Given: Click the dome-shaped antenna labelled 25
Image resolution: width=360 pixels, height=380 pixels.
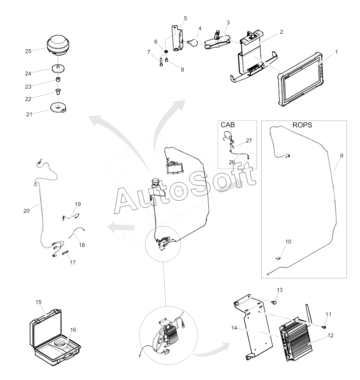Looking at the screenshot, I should click(x=58, y=46).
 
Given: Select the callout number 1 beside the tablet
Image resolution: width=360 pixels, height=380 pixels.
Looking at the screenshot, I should click(x=336, y=52).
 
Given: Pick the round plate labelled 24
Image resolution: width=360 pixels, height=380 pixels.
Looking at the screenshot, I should click(x=58, y=69).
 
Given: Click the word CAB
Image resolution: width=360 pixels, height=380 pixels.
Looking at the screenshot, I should click(x=228, y=125).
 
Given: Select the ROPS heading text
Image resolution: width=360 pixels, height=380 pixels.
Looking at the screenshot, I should click(x=302, y=125).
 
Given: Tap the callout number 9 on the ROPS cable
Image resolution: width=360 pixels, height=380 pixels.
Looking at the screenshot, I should click(x=341, y=156).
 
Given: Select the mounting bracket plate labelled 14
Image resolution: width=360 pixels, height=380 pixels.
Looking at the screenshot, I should click(x=258, y=330).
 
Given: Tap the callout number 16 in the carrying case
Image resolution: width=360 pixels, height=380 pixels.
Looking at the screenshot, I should click(x=73, y=330).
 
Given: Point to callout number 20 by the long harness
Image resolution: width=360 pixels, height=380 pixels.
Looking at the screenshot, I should click(x=26, y=211).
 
